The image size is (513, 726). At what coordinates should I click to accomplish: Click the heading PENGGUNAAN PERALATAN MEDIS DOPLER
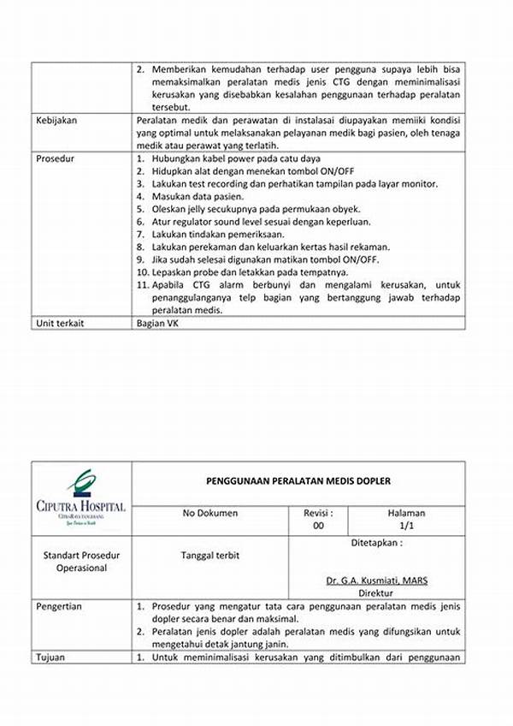coord(298,481)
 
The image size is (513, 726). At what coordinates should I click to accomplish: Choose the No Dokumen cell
coord(210,513)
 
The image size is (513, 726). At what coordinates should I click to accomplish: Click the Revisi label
coord(318,513)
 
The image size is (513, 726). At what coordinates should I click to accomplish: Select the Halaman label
coord(406,513)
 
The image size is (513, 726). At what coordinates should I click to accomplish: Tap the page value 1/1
coord(406,527)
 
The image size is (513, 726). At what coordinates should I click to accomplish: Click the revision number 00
coord(318,527)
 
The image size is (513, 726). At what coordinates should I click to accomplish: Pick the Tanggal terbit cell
coord(210,555)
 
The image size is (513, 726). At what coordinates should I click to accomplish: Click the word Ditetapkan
coord(376,543)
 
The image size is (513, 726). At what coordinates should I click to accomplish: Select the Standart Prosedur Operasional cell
coord(82,562)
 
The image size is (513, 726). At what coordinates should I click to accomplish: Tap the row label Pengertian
coord(59,606)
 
